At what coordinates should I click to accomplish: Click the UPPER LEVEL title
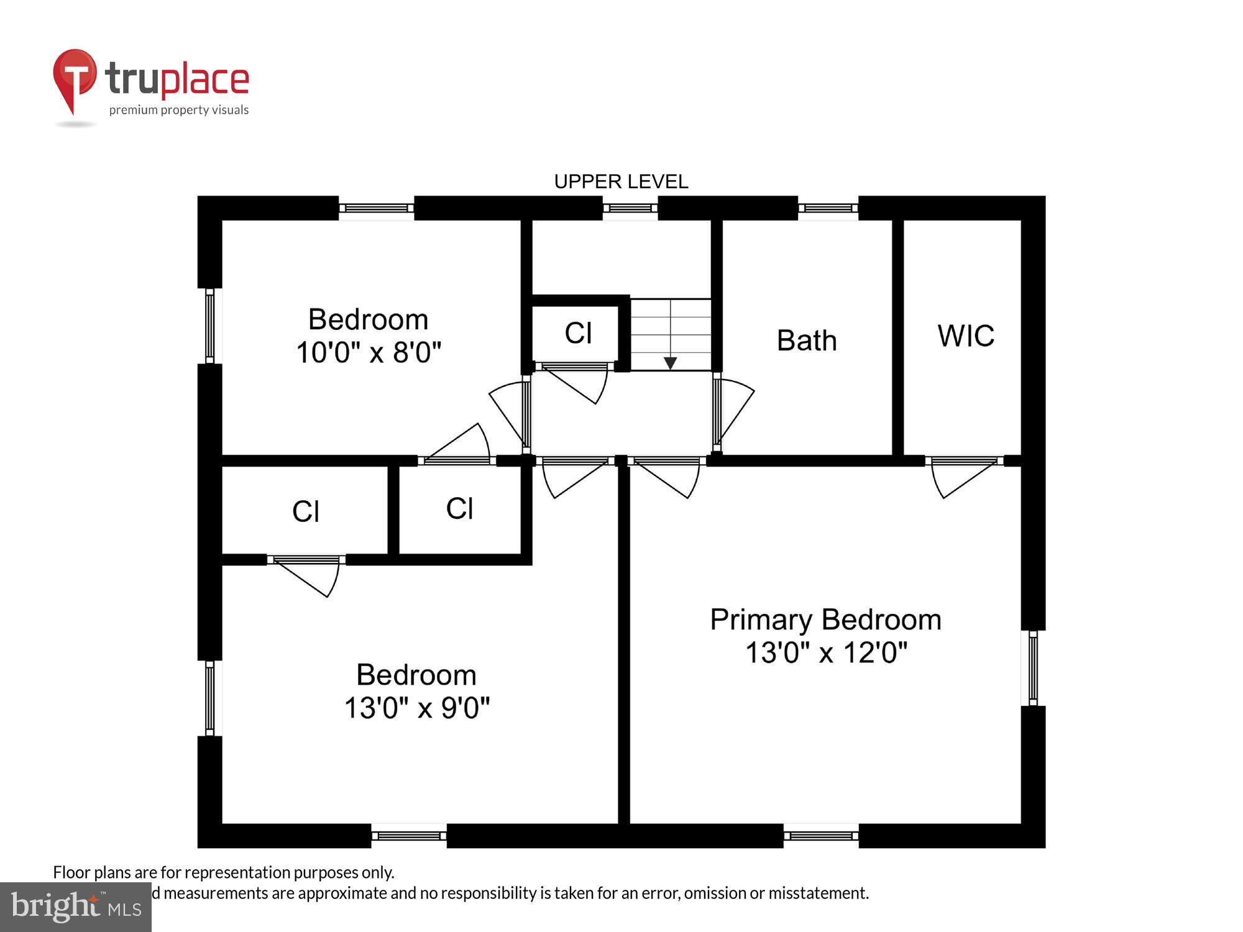click(621, 181)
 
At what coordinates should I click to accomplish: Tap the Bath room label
click(807, 340)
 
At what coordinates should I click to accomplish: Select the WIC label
click(966, 336)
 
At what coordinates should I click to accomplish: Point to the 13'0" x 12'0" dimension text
click(826, 653)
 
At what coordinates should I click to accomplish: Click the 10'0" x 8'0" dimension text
click(369, 352)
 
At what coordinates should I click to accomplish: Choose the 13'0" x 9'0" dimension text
click(417, 708)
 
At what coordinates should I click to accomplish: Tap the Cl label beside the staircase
click(578, 333)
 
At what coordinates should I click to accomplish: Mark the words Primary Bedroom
click(825, 620)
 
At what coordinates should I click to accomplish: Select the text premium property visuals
click(179, 110)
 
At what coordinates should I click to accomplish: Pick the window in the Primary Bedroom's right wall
click(1033, 668)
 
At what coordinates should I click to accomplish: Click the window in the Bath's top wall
click(828, 208)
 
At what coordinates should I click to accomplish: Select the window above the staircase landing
click(630, 208)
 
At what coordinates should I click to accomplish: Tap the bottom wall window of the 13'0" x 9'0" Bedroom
click(409, 836)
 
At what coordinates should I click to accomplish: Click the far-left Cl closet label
click(306, 512)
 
